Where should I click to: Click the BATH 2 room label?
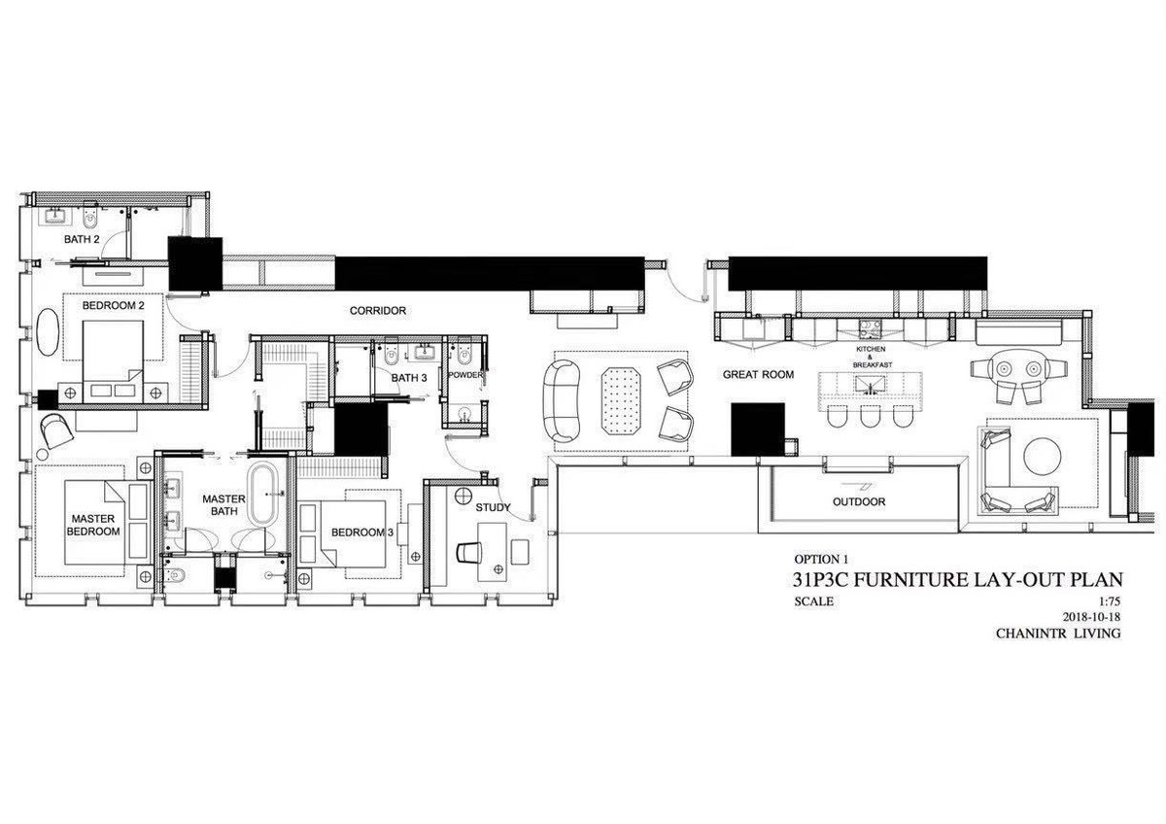82,239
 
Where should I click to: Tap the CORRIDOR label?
378,311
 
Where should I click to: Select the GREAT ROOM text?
759,374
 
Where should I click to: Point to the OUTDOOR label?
859,501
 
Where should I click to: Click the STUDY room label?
493,507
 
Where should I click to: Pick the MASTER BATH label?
223,505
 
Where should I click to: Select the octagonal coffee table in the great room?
621,400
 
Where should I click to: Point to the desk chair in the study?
469,552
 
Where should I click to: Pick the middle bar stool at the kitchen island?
870,415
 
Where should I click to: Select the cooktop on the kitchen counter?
871,326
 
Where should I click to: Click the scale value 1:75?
1110,601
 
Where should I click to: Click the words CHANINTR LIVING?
1058,634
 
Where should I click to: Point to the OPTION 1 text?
821,560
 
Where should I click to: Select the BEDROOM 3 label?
362,532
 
